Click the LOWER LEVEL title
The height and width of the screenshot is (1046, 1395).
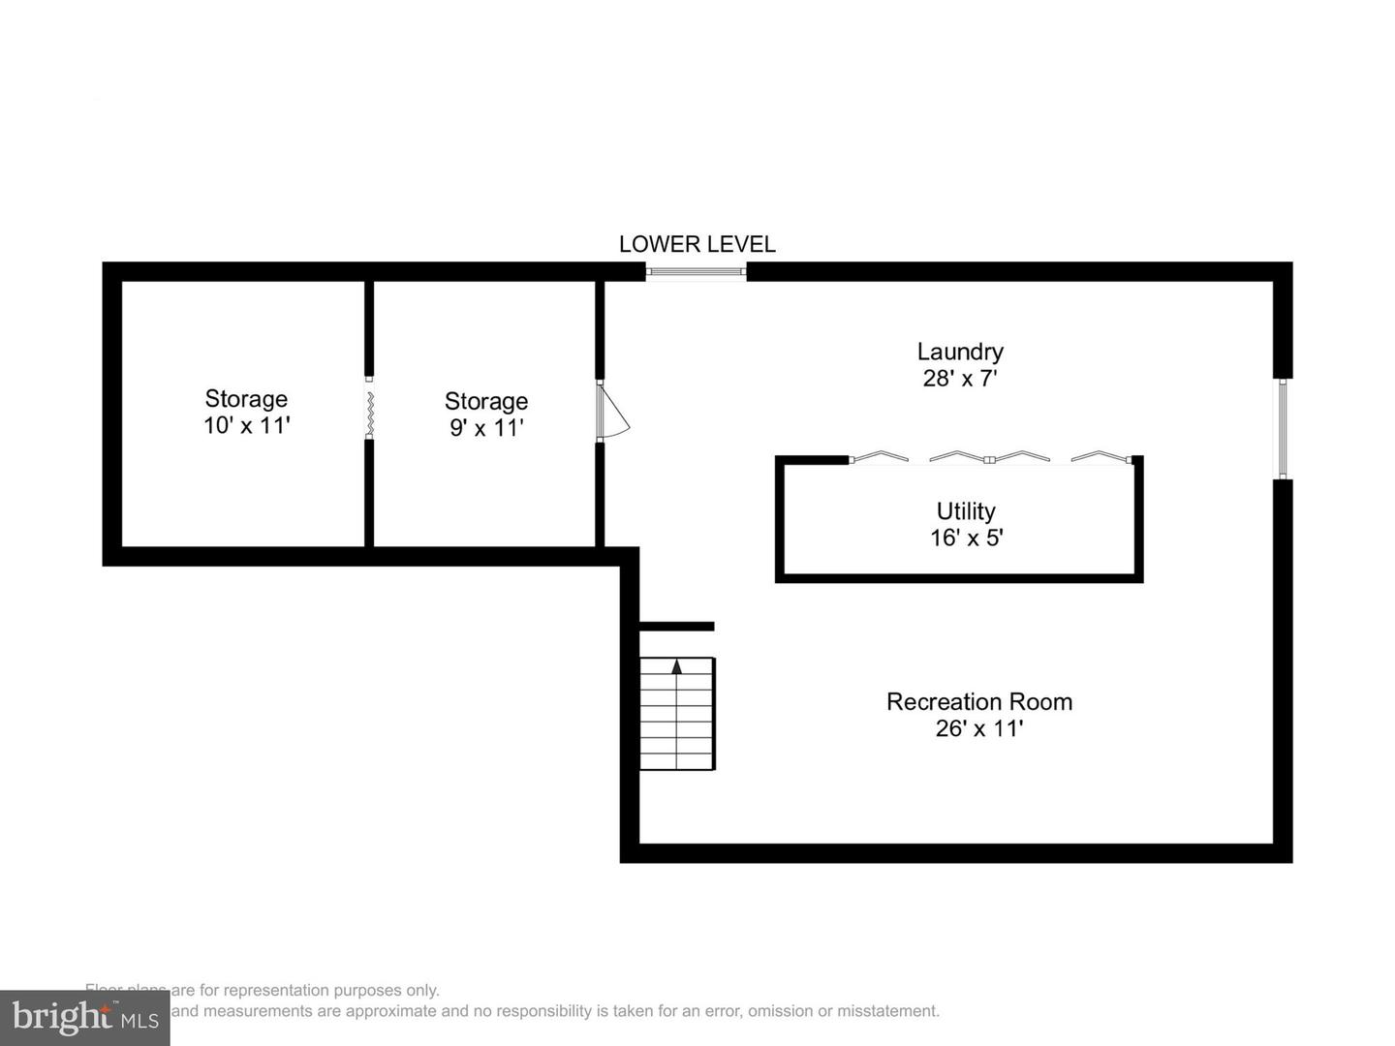point(697,244)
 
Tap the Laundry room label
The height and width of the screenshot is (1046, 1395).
point(960,352)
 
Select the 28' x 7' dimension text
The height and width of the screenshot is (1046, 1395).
point(960,379)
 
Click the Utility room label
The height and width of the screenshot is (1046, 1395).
point(966,511)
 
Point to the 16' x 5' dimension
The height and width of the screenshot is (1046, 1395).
point(966,538)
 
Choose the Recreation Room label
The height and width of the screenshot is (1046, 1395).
point(979,702)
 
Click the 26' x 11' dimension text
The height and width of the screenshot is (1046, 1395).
point(979,728)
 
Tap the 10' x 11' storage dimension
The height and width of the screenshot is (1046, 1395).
point(247,425)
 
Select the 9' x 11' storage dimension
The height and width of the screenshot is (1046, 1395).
point(486,427)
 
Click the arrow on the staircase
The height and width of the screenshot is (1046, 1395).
point(677,666)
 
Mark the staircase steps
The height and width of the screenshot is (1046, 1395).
point(677,722)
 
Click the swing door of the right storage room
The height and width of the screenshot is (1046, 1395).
point(613,412)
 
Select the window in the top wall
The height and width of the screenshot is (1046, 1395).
point(697,271)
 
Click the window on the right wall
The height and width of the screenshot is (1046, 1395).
point(1283,428)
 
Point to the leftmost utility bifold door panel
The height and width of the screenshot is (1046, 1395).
point(879,456)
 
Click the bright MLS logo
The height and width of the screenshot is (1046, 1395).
point(84,1018)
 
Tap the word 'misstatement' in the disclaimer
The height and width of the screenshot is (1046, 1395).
point(888,1011)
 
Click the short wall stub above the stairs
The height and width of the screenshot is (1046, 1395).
point(677,627)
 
